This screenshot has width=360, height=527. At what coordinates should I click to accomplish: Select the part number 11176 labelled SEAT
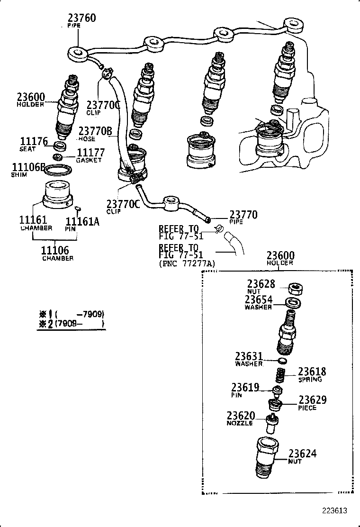(x=33, y=141)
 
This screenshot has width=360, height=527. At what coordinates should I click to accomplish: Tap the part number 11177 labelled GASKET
(x=90, y=153)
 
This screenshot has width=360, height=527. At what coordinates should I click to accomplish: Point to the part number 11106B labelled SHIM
(x=28, y=167)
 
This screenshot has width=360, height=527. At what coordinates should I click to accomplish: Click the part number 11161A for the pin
(x=82, y=221)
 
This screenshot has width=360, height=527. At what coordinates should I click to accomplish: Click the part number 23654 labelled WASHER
(x=259, y=300)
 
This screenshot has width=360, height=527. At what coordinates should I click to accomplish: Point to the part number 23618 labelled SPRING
(x=312, y=372)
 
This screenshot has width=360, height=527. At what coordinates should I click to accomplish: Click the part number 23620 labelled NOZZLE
(x=241, y=415)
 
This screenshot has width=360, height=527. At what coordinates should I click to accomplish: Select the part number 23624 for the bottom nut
(x=303, y=454)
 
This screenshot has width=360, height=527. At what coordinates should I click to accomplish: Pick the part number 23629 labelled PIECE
(x=312, y=400)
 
